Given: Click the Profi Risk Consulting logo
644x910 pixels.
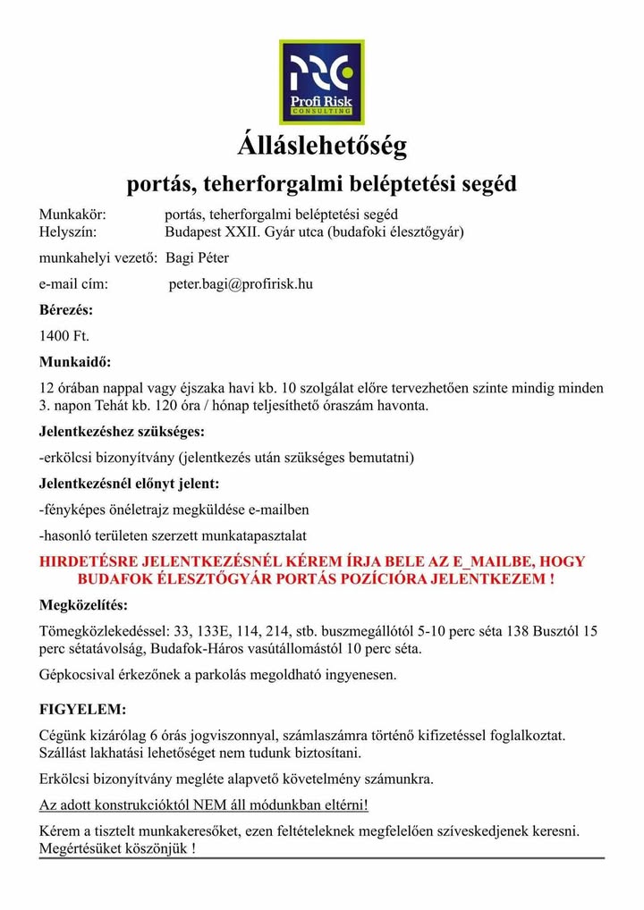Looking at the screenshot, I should click(321, 81).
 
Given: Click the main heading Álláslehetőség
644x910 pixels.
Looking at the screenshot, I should click(321, 145).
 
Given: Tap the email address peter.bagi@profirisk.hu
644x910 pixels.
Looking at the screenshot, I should click(241, 284).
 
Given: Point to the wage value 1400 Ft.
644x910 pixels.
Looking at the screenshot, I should click(64, 336).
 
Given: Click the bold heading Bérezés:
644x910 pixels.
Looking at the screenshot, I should click(65, 310).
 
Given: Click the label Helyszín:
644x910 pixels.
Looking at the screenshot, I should click(67, 232).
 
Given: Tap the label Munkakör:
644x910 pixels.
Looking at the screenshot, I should click(72, 215).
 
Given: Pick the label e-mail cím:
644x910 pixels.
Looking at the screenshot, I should click(73, 284).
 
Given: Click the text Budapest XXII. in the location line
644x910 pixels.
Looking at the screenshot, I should click(208, 232).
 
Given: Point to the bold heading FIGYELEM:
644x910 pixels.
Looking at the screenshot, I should click(82, 710).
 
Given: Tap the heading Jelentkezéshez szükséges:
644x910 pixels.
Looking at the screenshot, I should click(122, 431).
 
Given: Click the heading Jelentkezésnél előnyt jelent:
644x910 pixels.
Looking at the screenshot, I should click(129, 484).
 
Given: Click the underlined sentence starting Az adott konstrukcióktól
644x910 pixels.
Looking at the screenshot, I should click(204, 805).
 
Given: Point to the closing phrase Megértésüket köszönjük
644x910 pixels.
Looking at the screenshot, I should click(117, 847).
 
